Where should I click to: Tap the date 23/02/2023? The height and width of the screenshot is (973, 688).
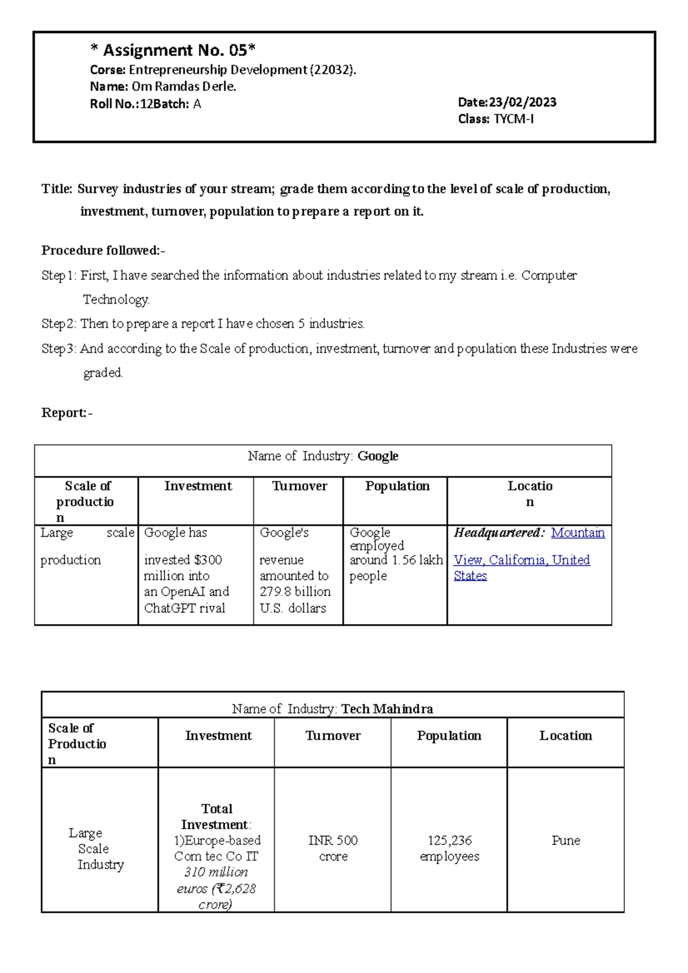click(522, 103)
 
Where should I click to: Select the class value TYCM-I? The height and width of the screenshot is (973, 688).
click(514, 119)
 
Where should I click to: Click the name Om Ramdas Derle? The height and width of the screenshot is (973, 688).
click(183, 87)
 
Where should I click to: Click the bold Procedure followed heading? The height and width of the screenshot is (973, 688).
click(103, 250)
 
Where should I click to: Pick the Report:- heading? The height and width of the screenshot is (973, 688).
click(67, 413)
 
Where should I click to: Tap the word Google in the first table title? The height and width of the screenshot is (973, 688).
click(378, 456)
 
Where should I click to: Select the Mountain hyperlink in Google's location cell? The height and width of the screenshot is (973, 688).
click(577, 533)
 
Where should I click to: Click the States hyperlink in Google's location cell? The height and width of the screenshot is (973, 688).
click(470, 576)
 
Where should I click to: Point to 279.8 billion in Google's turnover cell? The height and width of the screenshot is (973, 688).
click(295, 591)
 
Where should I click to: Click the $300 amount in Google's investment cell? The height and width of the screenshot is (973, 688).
click(208, 560)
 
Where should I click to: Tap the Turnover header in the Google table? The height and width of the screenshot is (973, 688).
click(299, 486)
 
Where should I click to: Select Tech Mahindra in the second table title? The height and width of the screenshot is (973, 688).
click(387, 709)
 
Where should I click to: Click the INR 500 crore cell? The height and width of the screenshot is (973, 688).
click(333, 848)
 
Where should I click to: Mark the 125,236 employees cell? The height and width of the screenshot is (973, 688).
click(449, 848)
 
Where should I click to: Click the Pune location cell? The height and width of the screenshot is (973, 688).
click(565, 841)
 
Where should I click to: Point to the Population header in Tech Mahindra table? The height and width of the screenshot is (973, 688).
click(449, 736)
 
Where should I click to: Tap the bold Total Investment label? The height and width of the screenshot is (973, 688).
click(216, 817)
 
